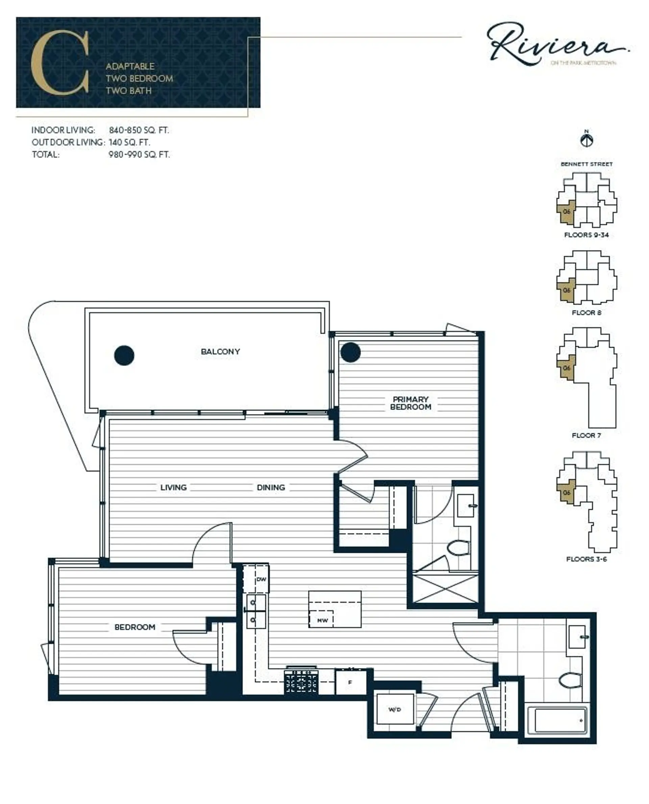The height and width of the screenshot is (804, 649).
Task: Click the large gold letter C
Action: [60, 62]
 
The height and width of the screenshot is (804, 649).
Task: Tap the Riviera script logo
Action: [553, 44]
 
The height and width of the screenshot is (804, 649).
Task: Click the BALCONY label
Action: [220, 351]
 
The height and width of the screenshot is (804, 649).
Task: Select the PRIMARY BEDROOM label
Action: [410, 403]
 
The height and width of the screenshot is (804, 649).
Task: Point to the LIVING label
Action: [173, 487]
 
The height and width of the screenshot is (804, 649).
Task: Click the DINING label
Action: [271, 487]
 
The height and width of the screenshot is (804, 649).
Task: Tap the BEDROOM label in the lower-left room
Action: [135, 627]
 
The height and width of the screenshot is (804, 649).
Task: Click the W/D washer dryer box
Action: [395, 710]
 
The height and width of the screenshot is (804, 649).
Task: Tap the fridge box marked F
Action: [350, 683]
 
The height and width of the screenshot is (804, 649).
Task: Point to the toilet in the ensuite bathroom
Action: [458, 548]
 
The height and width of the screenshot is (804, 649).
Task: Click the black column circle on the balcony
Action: [124, 355]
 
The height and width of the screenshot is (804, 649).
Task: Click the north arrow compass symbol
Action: [586, 140]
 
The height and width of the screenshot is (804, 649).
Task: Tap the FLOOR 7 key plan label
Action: [586, 435]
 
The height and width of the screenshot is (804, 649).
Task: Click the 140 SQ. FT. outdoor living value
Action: [129, 142]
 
